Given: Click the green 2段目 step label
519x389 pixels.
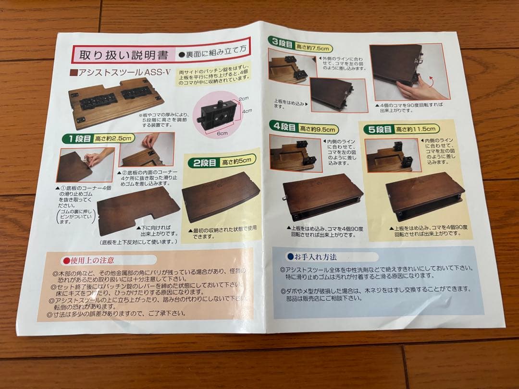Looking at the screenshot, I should coord(204,162).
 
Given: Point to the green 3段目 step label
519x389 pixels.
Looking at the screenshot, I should coord(283,43).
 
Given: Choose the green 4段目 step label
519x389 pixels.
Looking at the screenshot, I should coord(284,128).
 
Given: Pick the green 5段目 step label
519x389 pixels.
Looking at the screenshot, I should coord(378,129).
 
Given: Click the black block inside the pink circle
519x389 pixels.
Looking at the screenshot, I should coord(216,114).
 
